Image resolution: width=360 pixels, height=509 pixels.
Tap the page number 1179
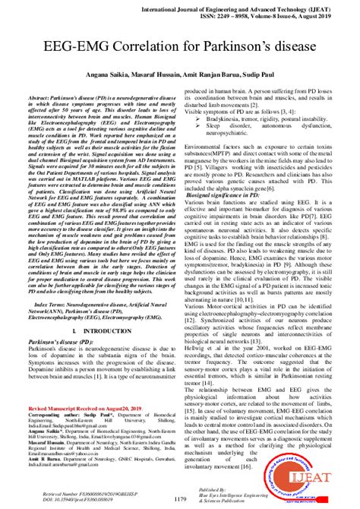click(180, 498)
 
